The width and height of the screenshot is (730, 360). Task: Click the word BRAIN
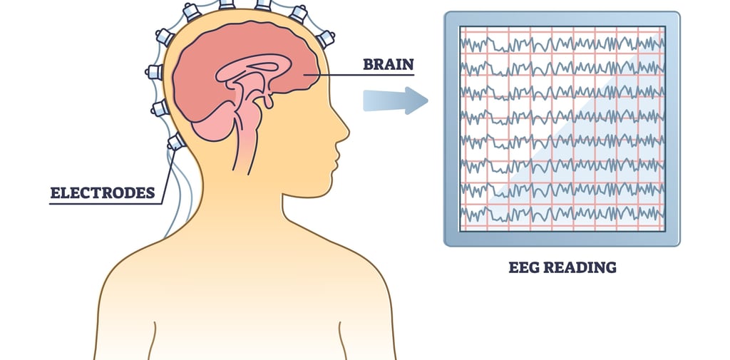pyautogui.click(x=389, y=64)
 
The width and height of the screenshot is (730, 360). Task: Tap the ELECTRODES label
pyautogui.click(x=103, y=192)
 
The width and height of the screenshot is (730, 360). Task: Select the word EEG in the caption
pyautogui.click(x=526, y=268)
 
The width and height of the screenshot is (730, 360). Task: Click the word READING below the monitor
pyautogui.click(x=580, y=268)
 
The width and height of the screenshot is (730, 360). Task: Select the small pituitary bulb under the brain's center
pyautogui.click(x=269, y=102)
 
